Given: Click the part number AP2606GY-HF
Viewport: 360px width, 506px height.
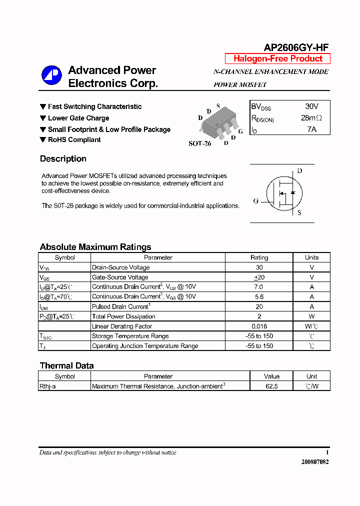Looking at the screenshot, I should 296,47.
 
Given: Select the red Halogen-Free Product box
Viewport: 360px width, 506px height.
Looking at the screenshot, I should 277,58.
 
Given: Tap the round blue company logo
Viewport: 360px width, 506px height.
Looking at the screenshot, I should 51,76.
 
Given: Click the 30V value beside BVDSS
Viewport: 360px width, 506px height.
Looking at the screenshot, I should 311,106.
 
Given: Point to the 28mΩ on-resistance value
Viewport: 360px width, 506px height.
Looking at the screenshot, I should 311,118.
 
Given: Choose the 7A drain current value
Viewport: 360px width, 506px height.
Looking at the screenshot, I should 311,129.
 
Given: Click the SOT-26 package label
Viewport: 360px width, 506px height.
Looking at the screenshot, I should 199,143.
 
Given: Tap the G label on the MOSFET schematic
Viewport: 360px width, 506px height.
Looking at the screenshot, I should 255,201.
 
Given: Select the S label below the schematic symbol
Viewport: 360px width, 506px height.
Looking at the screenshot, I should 299,212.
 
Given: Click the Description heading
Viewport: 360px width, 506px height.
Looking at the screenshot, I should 63,159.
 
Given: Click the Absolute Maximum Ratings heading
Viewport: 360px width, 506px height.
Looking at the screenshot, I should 95,247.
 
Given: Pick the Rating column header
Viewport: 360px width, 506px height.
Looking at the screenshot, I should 259,257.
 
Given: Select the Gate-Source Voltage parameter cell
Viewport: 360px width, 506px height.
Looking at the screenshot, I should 120,277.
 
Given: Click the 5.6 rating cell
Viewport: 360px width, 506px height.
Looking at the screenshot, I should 259,296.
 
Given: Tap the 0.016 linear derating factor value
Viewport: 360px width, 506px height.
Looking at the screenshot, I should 259,326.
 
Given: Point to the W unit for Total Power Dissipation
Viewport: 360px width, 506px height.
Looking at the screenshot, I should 311,316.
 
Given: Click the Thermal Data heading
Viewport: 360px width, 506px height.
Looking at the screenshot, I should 66,365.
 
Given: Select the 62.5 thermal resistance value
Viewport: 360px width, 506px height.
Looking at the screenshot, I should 272,386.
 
